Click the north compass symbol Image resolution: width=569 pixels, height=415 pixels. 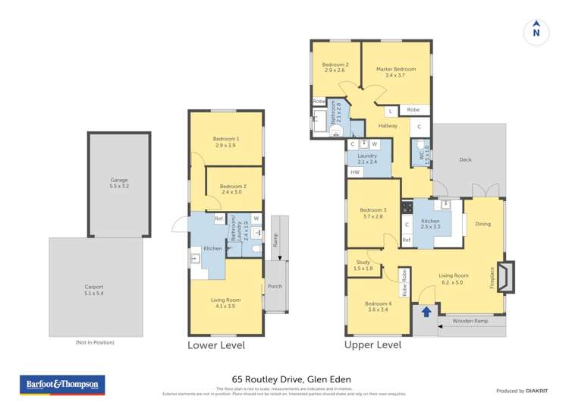tap(536, 32)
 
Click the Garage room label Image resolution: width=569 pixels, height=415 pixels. tap(119, 183)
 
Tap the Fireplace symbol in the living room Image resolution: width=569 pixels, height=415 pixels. tap(505, 275)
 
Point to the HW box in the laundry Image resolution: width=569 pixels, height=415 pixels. tap(354, 172)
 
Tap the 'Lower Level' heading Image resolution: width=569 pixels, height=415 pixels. tap(216, 345)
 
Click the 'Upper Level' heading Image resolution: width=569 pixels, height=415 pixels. tap(373, 345)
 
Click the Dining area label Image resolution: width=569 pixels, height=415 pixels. tap(483, 224)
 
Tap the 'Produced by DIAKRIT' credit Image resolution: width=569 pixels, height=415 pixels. tap(521, 391)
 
